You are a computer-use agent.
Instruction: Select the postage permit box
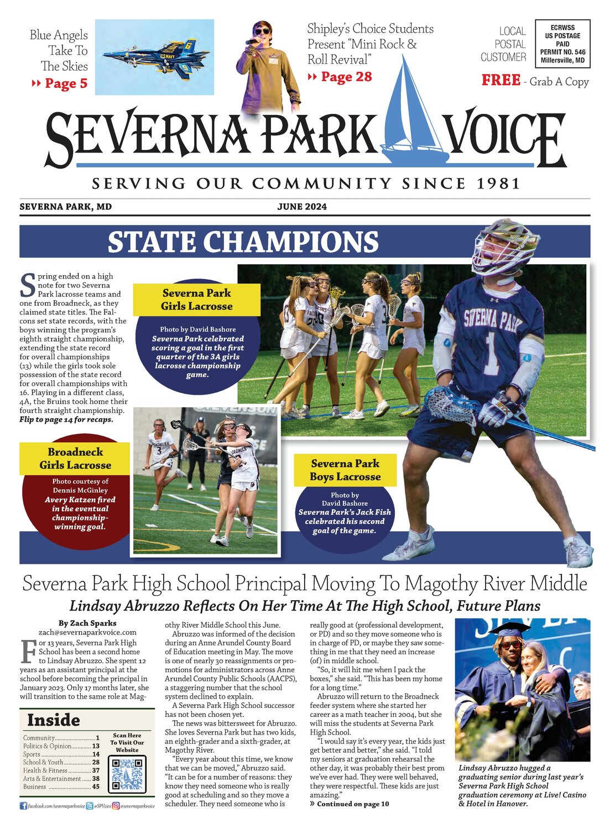[x=562, y=44]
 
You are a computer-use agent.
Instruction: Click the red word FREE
[x=500, y=81]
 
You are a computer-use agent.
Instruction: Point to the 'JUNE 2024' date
[x=302, y=207]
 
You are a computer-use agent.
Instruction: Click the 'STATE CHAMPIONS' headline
[x=243, y=242]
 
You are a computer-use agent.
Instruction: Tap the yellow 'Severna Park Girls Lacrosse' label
[x=196, y=300]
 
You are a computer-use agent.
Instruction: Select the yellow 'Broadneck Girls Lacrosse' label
[x=75, y=459]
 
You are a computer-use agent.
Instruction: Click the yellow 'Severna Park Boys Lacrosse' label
[x=345, y=470]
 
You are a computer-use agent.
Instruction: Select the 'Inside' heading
[x=54, y=720]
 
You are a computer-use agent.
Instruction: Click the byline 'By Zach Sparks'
[x=87, y=623]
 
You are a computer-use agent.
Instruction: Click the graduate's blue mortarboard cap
[x=508, y=629]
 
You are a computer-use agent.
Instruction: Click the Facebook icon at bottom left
[x=23, y=806]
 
